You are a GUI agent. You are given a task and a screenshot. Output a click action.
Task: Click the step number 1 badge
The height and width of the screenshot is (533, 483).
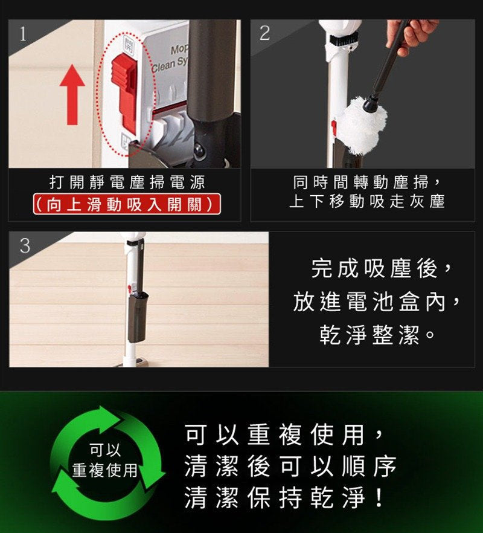click(23, 34)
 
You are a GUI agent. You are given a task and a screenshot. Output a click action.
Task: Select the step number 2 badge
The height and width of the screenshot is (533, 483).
click(264, 34)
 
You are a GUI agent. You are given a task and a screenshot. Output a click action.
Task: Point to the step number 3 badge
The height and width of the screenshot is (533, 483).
click(25, 245)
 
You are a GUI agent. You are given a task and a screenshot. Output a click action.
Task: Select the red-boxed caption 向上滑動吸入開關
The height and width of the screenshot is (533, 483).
click(126, 205)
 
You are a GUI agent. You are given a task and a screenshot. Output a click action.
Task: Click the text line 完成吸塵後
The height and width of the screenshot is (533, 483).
click(380, 269)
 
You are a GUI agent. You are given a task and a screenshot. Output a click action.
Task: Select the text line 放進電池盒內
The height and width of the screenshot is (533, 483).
click(378, 302)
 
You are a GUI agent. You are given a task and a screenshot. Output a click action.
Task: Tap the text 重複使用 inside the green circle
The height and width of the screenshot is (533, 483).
click(105, 470)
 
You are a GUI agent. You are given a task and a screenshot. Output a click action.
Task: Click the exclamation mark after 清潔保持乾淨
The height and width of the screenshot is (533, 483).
click(379, 498)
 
